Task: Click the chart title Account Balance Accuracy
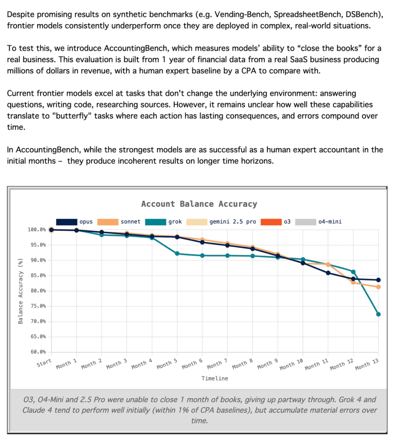coord(199,204)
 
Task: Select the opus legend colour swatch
coord(67,222)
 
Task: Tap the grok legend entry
coord(163,222)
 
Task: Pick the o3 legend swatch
coord(271,222)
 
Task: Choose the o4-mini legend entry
coord(318,222)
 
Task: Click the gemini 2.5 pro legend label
coord(233,222)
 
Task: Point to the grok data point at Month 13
coord(378,314)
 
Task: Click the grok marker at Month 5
coord(177,253)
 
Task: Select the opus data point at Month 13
coord(378,280)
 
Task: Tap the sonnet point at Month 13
coord(378,287)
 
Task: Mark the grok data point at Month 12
coord(353,272)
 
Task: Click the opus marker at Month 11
coord(328,273)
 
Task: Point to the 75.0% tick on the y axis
coord(38,306)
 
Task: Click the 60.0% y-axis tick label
coord(38,352)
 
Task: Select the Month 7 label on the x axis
coord(217,364)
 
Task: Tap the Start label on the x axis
coord(44,363)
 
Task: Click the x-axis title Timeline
coord(215,378)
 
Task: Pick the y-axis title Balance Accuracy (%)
coord(20,291)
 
